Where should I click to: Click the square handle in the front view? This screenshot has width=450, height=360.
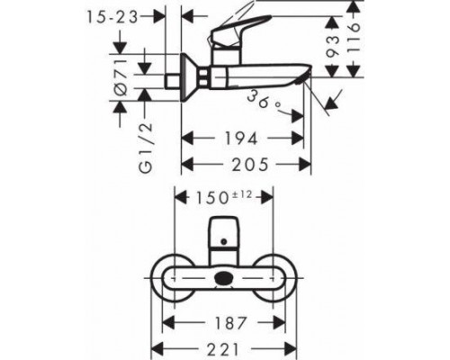pos(225,235)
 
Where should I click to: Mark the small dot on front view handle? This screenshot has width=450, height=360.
pos(226,242)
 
